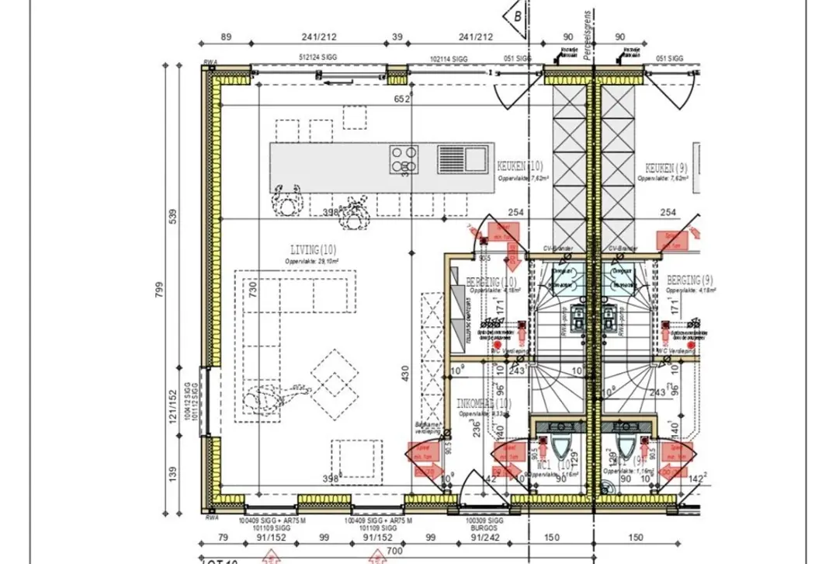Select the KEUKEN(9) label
[x=667, y=167]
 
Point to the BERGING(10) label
[x=491, y=281]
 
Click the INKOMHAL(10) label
[x=484, y=404]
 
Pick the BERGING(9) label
[x=689, y=280]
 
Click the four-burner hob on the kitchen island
[x=404, y=159]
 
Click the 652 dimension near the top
[x=401, y=99]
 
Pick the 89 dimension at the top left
[x=227, y=36]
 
